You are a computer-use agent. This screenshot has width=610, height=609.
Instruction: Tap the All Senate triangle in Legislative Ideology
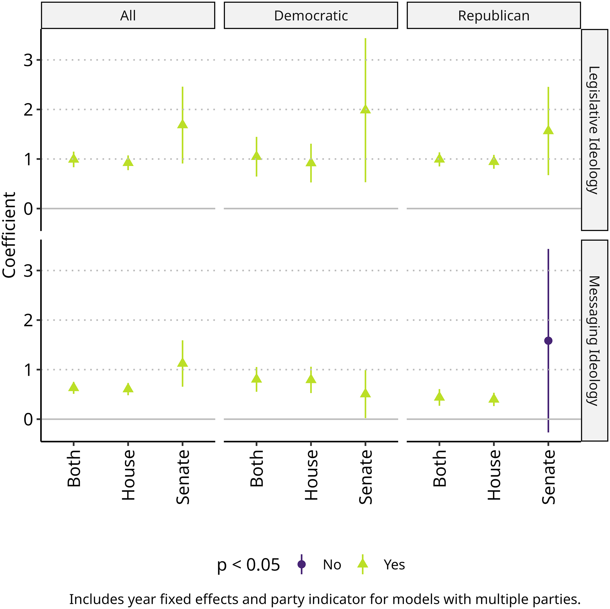pos(183,125)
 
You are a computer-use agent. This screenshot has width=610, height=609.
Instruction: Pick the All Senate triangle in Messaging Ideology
pos(183,363)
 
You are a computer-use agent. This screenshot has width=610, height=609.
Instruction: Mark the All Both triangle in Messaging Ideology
pos(74,387)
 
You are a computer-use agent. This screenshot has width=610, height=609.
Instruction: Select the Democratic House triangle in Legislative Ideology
pos(311,162)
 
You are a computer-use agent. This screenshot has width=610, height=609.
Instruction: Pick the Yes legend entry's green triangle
pos(362,563)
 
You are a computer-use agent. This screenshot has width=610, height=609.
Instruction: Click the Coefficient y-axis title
pos(10,235)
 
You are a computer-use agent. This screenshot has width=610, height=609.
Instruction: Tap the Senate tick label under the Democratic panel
pos(366,477)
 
